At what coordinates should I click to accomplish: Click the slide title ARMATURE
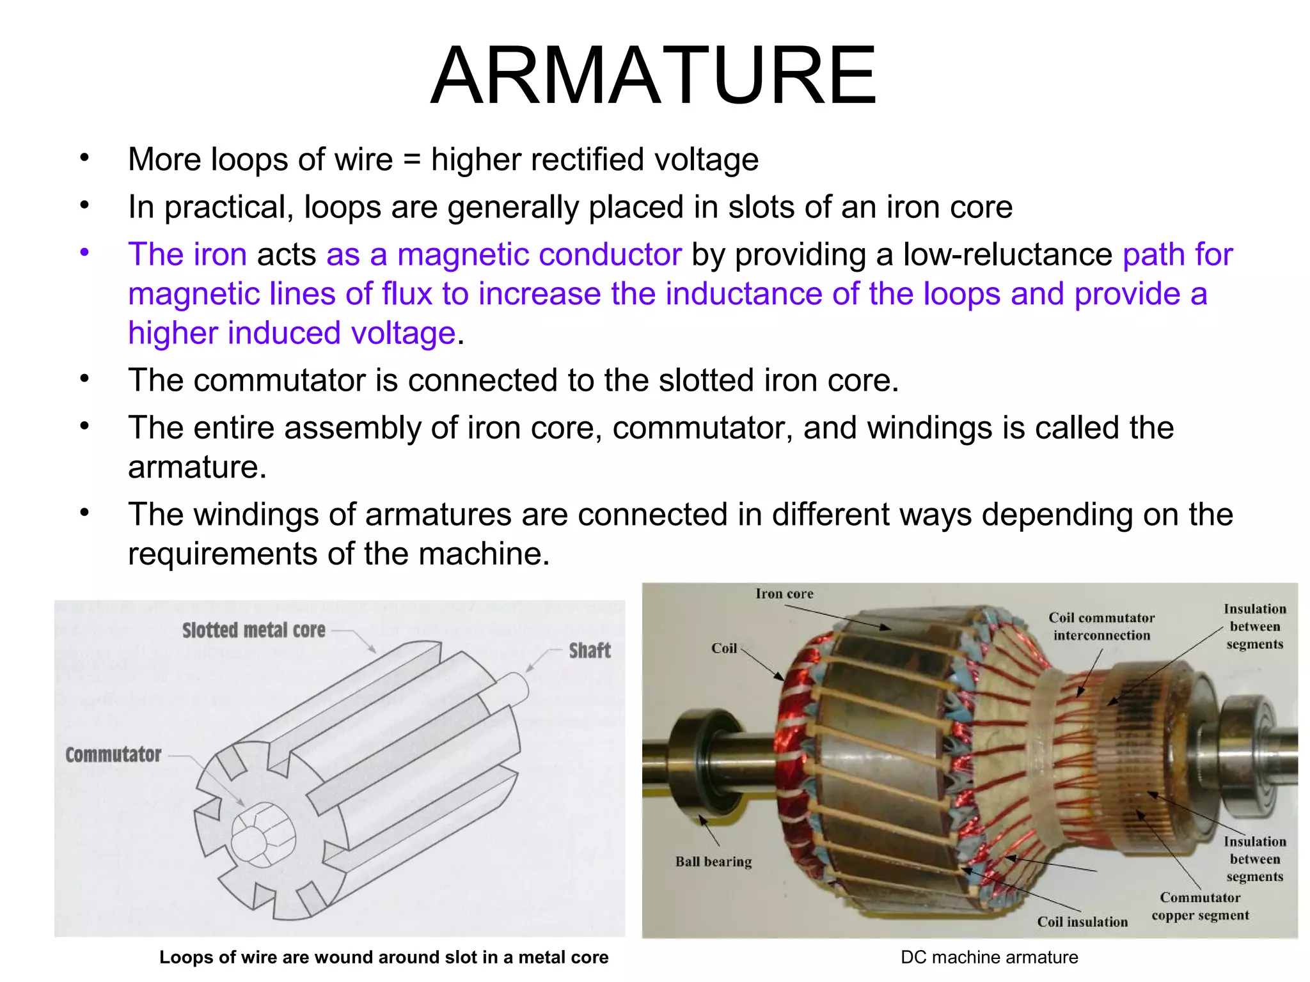[654, 75]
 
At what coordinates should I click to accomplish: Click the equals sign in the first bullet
[412, 160]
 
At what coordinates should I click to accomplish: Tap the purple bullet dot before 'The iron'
[84, 253]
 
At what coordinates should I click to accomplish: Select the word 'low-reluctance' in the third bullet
[1007, 254]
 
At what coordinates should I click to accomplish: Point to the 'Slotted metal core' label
[254, 630]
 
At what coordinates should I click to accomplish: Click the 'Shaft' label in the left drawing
[590, 651]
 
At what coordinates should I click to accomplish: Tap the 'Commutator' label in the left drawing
[113, 754]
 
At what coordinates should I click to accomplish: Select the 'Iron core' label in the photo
[784, 594]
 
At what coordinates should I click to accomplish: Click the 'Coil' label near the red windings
[724, 648]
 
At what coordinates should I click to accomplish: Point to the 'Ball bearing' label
[713, 862]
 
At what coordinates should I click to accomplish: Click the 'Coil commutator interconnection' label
[1101, 627]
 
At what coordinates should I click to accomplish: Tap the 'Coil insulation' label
[1082, 922]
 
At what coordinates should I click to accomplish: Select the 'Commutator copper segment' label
[1200, 907]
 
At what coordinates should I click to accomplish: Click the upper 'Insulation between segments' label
[1254, 627]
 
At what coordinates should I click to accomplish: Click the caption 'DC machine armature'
[989, 957]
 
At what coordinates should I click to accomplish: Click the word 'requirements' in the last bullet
[223, 554]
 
